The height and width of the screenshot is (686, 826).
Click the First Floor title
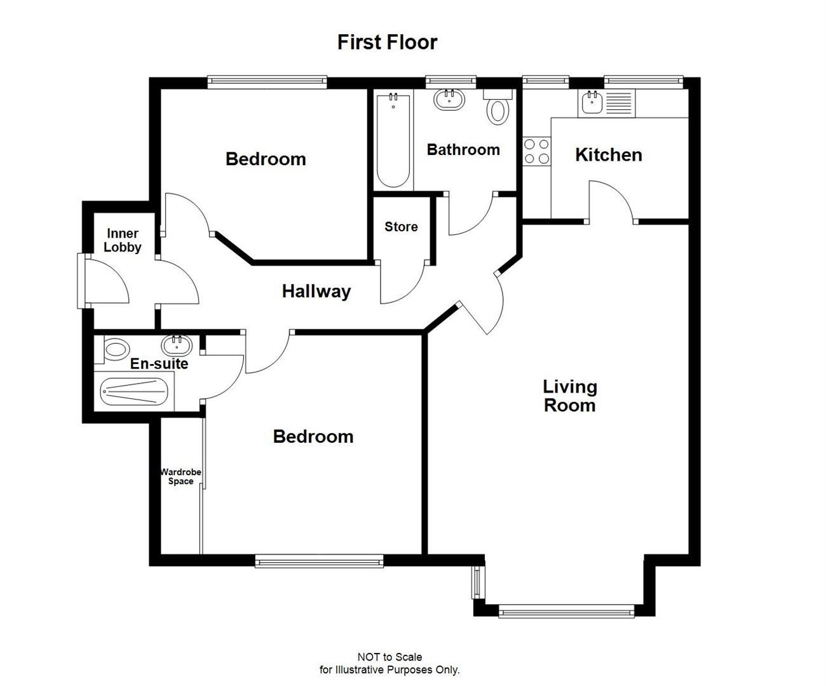(387, 43)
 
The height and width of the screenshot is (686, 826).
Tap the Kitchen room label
(608, 155)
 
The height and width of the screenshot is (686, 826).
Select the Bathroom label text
(463, 150)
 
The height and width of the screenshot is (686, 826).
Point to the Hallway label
(316, 292)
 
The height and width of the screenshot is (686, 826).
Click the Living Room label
(569, 396)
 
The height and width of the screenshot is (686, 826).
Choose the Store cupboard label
(401, 227)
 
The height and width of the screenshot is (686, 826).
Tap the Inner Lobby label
(122, 241)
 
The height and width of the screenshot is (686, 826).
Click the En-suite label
(159, 364)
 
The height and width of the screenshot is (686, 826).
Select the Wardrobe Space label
(180, 476)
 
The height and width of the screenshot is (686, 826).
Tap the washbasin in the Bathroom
(449, 99)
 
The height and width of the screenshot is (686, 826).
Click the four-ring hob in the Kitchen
(536, 151)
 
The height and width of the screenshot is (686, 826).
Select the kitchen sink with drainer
(606, 103)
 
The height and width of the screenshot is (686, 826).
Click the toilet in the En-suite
(114, 349)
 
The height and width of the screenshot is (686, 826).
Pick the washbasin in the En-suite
(176, 346)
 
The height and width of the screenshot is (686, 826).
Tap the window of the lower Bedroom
(319, 560)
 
